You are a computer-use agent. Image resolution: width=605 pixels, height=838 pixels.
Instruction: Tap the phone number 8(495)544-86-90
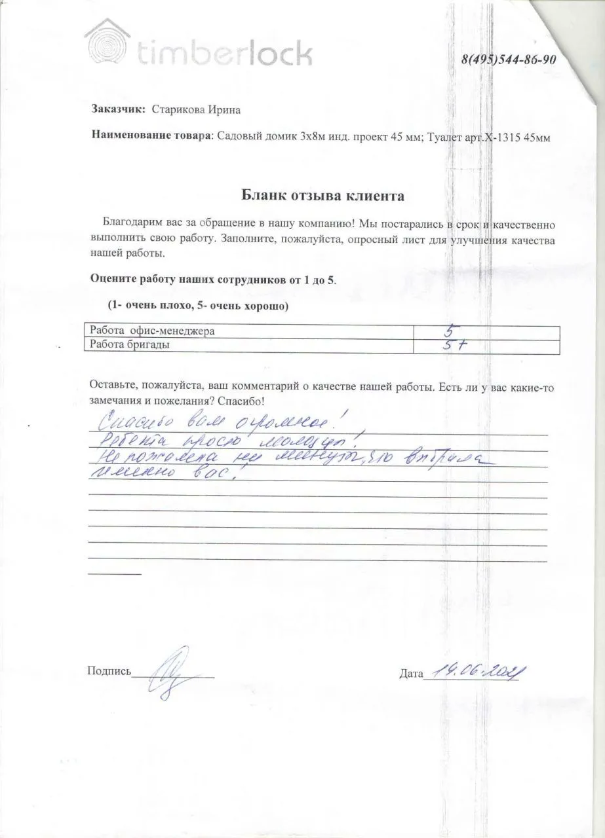[509, 60]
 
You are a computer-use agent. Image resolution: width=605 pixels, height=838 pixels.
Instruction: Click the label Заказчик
[117, 109]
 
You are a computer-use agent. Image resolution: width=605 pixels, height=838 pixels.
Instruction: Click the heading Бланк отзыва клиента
[323, 195]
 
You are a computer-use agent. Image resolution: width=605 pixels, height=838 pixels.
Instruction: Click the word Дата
[411, 673]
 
